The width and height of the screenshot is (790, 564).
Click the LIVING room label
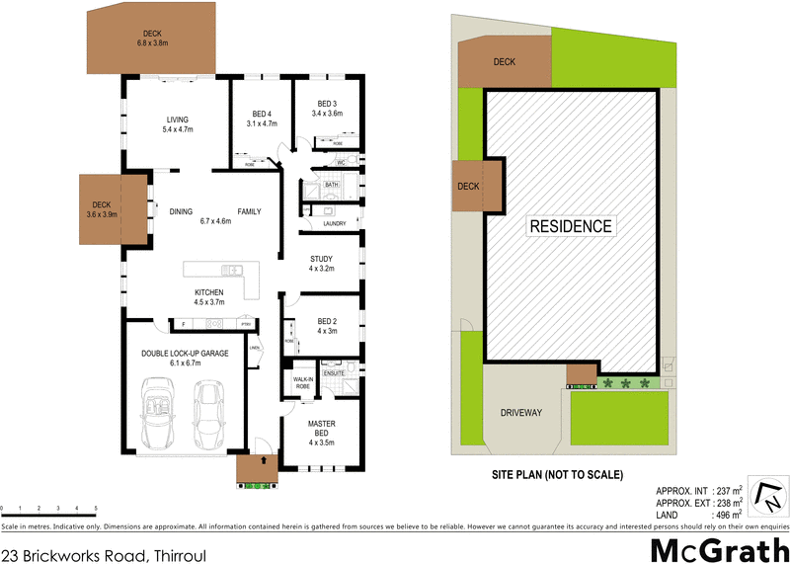coord(178,123)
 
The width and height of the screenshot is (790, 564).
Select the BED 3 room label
coord(327,109)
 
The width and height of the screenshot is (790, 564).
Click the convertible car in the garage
coord(158,415)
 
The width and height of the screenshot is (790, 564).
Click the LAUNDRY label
coord(333,223)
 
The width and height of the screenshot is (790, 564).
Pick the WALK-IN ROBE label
coord(303,381)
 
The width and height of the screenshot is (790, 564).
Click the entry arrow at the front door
coord(264,460)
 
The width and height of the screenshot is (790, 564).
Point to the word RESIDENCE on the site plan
coord(571,226)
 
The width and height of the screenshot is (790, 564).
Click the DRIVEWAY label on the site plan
coord(520,413)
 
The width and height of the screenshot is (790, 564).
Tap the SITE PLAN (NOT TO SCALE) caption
coord(557,475)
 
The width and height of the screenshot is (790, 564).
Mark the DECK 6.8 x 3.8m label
coord(152,38)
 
